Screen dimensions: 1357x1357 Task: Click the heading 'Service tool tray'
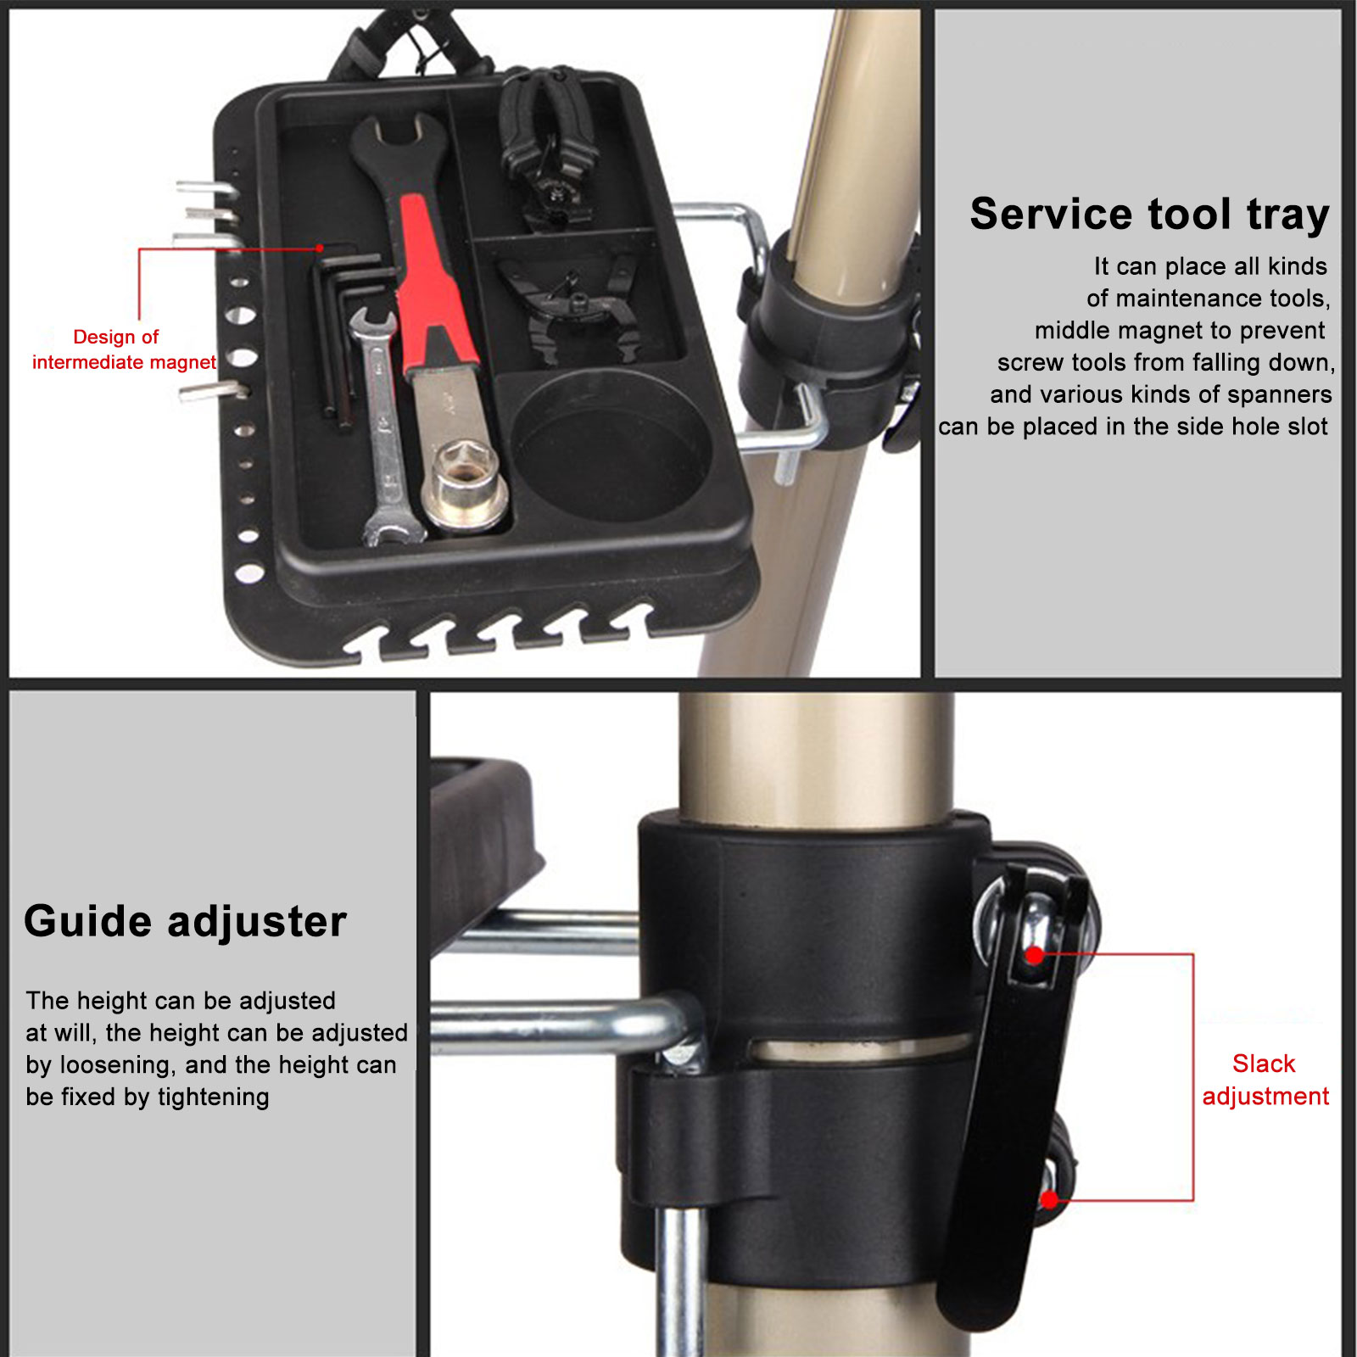(1149, 215)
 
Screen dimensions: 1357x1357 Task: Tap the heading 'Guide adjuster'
(185, 922)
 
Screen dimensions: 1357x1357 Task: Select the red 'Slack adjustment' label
(1265, 1080)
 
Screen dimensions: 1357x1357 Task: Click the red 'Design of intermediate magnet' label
(124, 349)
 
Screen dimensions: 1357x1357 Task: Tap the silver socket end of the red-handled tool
(465, 488)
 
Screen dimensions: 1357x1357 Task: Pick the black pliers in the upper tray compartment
(547, 148)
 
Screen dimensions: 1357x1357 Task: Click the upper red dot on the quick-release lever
(1035, 956)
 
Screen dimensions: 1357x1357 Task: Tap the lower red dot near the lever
(1050, 1200)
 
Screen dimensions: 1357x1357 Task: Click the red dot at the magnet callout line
(320, 248)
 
